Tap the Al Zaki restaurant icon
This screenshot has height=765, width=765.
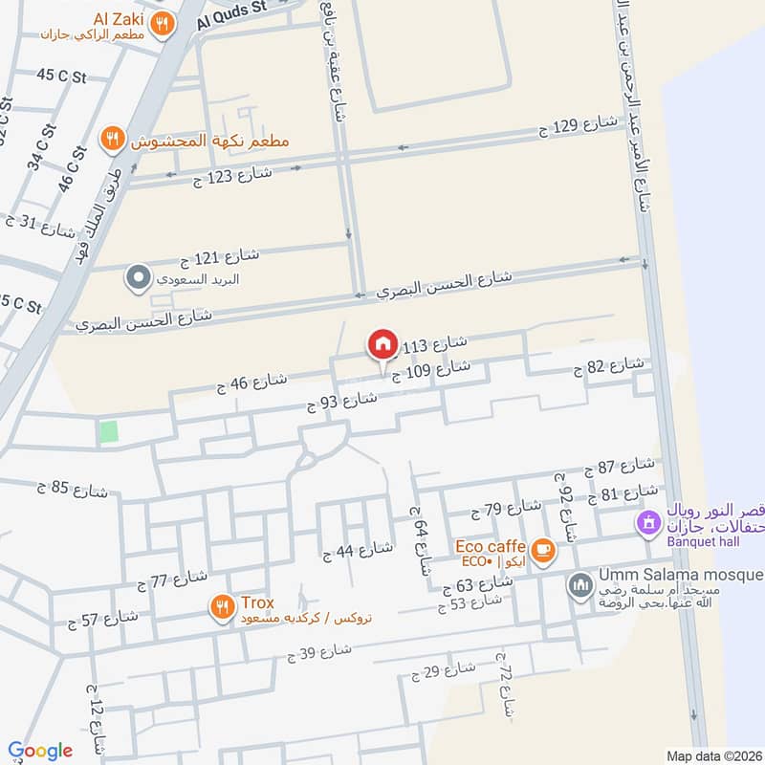pos(164,24)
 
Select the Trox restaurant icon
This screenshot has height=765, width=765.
pos(222,605)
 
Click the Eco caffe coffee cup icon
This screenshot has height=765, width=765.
pos(543,550)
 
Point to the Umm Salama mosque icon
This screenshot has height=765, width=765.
pos(579,585)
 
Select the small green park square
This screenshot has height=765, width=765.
pos(109,431)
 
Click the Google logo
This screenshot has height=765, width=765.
pos(40,751)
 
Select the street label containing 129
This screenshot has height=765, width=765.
pos(579,125)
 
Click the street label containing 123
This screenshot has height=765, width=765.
pos(234,174)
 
